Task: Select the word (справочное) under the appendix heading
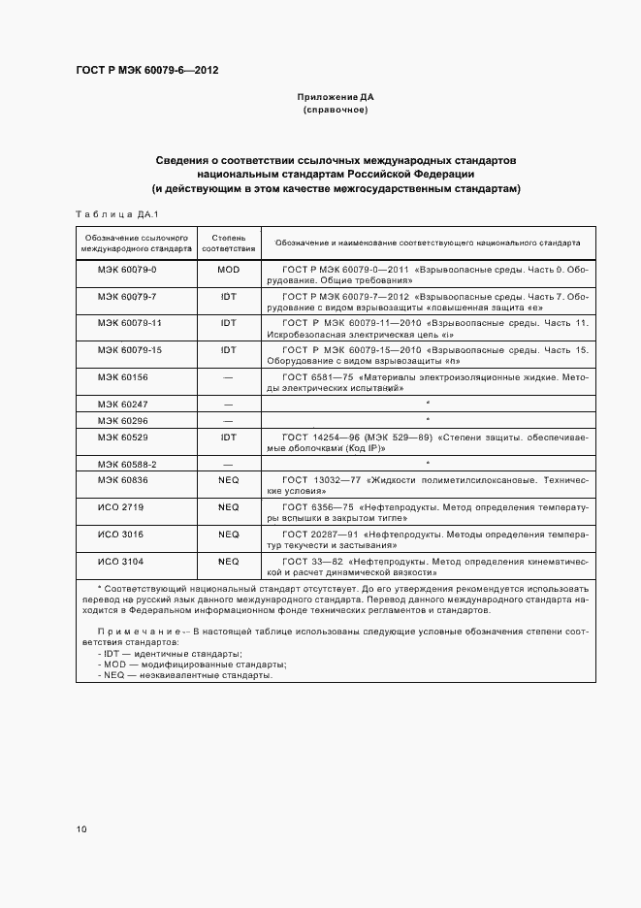click(x=336, y=111)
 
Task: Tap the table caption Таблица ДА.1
click(x=116, y=213)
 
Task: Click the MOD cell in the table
click(x=229, y=269)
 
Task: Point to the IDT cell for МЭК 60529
click(x=229, y=438)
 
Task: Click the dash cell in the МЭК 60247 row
click(x=229, y=403)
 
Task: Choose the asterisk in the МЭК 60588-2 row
click(x=428, y=465)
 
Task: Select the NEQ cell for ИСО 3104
click(x=229, y=562)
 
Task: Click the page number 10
click(x=80, y=828)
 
